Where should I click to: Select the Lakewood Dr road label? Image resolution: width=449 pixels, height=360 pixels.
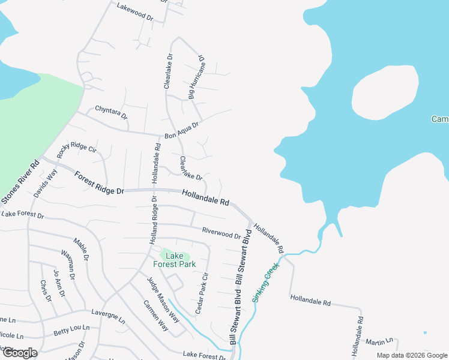pyautogui.click(x=135, y=11)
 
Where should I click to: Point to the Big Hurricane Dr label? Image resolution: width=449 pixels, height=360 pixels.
pyautogui.click(x=196, y=78)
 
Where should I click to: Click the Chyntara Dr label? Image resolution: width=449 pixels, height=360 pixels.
pyautogui.click(x=111, y=113)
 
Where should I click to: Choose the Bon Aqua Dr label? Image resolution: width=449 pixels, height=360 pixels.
pyautogui.click(x=181, y=130)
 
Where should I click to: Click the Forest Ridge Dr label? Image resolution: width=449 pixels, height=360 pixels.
pyautogui.click(x=98, y=182)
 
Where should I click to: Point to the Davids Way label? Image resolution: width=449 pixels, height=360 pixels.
pyautogui.click(x=46, y=183)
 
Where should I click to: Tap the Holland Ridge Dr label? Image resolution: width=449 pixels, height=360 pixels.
pyautogui.click(x=153, y=219)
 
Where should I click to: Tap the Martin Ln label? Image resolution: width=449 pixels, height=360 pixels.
pyautogui.click(x=379, y=341)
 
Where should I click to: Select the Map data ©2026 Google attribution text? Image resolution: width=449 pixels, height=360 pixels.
pyautogui.click(x=412, y=355)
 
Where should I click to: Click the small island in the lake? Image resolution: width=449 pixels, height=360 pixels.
pyautogui.click(x=384, y=92)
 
